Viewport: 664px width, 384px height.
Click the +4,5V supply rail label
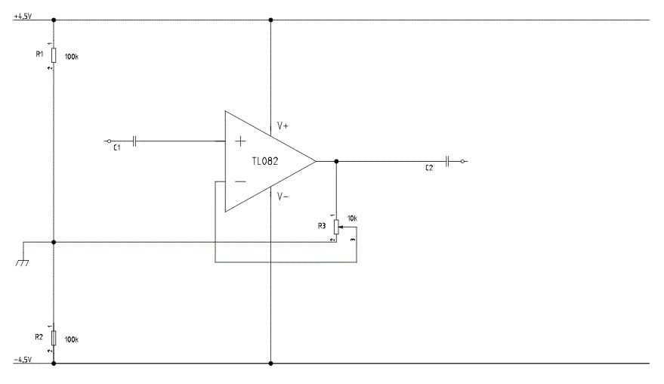point(23,17)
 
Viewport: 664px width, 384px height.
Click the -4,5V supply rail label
point(23,360)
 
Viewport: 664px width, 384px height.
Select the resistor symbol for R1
point(54,55)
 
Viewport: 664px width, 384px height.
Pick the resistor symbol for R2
point(54,338)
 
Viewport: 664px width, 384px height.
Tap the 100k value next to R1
point(72,57)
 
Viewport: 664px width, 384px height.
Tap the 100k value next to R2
point(72,339)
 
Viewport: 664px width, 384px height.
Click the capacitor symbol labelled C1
point(134,141)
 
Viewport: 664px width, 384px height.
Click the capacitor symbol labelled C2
point(448,161)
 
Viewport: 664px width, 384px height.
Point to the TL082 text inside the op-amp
point(265,161)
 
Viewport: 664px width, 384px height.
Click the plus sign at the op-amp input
point(240,141)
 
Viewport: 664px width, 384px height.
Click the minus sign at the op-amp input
point(240,182)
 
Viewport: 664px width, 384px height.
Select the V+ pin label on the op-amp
point(283,126)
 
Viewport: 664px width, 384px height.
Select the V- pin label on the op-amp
point(283,197)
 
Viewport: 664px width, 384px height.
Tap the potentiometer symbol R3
point(337,228)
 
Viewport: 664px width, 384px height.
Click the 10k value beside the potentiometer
point(352,218)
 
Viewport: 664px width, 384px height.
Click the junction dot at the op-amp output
point(337,161)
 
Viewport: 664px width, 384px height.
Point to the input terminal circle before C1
point(109,141)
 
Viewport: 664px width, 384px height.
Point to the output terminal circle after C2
point(463,161)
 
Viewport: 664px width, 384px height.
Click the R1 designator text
point(39,54)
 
